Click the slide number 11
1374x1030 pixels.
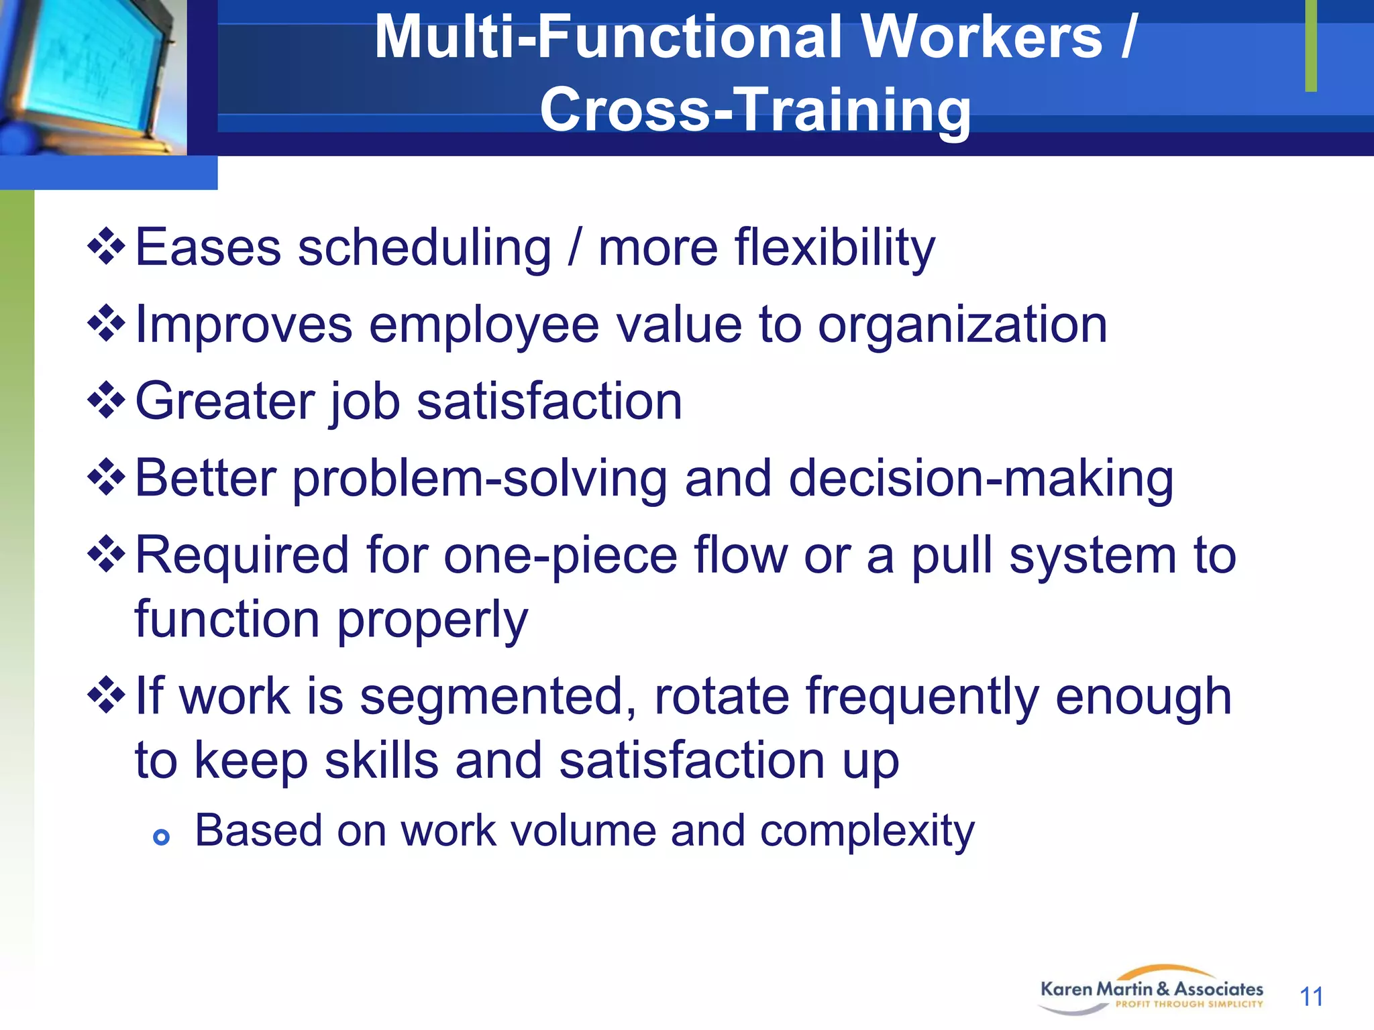point(1311,996)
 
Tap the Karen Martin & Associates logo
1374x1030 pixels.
point(1151,990)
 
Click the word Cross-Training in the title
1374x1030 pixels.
point(755,110)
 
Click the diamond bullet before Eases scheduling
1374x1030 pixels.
point(106,247)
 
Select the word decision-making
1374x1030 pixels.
point(981,479)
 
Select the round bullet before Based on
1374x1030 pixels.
point(161,837)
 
